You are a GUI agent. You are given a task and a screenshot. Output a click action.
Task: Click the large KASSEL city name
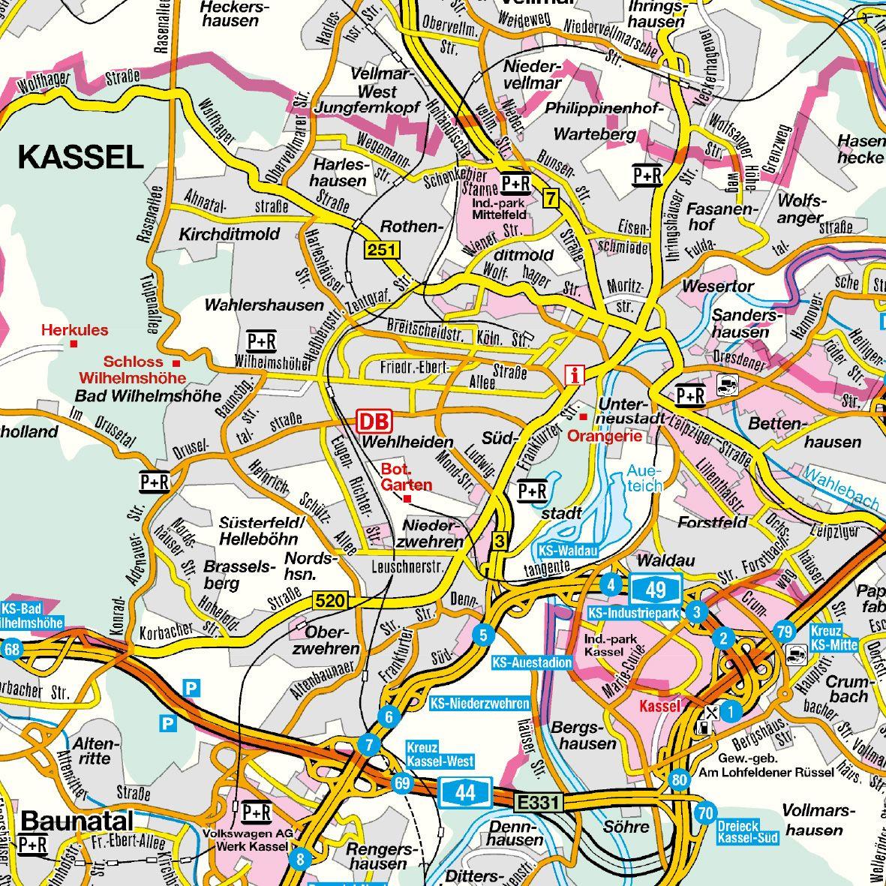[x=80, y=158]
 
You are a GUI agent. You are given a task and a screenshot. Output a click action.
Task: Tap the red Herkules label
[x=74, y=330]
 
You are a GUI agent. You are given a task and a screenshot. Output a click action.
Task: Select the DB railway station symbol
[x=374, y=420]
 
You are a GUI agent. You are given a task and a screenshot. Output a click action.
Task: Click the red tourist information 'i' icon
[x=575, y=375]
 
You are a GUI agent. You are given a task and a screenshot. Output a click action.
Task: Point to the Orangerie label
[x=606, y=436]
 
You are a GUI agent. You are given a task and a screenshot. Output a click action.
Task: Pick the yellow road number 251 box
[x=383, y=251]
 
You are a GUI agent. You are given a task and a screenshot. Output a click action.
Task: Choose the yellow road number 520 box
[x=331, y=600]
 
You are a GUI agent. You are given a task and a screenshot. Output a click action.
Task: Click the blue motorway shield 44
[x=465, y=793]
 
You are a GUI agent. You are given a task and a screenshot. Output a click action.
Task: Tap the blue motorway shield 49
[x=655, y=588]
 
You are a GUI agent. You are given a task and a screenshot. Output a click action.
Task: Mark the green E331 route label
[x=538, y=803]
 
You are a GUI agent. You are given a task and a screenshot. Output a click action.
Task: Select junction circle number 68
[x=11, y=649]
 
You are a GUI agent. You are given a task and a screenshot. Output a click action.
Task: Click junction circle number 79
[x=785, y=632]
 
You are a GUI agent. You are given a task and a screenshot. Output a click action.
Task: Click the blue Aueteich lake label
[x=644, y=479]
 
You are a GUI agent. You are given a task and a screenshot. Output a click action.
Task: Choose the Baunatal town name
[x=77, y=821]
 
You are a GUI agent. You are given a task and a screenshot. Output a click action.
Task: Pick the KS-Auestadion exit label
[x=532, y=663]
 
